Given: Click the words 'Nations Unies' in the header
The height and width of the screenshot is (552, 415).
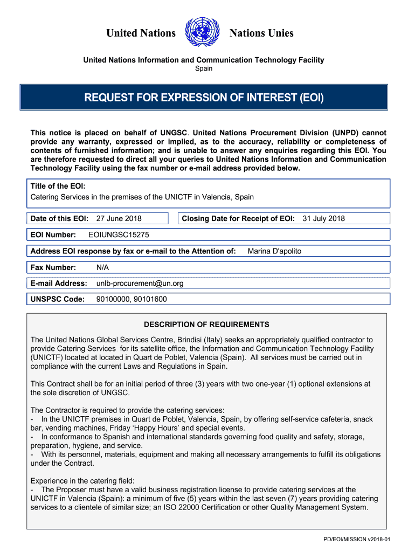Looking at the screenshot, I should point(261,33).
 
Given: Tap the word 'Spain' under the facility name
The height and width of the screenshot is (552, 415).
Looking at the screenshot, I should point(203,68).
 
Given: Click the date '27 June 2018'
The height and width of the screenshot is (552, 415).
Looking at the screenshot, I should point(119,218).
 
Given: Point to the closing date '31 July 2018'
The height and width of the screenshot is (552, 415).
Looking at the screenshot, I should point(323,218).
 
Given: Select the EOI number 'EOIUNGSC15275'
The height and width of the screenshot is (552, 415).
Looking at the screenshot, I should point(119,235).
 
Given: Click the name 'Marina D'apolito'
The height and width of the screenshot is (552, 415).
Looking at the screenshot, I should point(274,251).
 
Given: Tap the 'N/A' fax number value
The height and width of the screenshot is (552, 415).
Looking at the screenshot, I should point(102,267).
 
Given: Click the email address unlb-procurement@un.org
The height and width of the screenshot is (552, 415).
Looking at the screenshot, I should point(140,283).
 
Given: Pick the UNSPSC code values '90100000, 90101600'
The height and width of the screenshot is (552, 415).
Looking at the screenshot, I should point(131,299).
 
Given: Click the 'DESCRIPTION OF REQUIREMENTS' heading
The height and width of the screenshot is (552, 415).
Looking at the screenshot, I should point(206,325).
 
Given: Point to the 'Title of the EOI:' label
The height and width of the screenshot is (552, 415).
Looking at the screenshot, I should point(58,186).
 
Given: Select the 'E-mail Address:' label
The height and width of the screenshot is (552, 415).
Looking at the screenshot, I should point(59,283).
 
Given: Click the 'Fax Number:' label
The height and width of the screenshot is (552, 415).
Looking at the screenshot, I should point(53,267).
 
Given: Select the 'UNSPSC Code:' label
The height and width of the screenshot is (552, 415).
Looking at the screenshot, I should point(58,299).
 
